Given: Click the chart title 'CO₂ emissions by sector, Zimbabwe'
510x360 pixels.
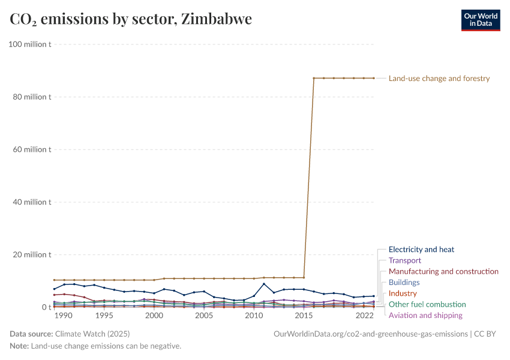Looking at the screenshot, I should point(131,19).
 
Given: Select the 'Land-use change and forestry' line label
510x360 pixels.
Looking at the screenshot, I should point(439,78).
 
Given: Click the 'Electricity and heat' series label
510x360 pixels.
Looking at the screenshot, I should point(421,250).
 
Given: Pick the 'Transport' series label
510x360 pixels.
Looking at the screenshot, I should point(405,260).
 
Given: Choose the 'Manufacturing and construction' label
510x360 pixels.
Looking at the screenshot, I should point(443,271).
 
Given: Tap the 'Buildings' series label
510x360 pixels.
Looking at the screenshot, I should point(404,282).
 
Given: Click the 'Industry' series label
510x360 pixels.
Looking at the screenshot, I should point(403,293).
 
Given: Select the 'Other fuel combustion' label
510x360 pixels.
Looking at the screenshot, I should point(427,304).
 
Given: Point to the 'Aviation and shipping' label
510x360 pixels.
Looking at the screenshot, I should point(425,315).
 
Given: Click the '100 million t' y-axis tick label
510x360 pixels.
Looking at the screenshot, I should point(28,44).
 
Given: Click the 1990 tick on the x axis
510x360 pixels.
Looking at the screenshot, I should point(64,316).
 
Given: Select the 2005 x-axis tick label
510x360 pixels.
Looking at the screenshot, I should point(204,316).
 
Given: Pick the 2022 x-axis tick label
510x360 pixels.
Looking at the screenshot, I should point(364,316).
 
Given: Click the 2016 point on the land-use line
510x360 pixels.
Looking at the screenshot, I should point(314,78).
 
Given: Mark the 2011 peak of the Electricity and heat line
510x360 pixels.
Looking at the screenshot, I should point(264,284).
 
